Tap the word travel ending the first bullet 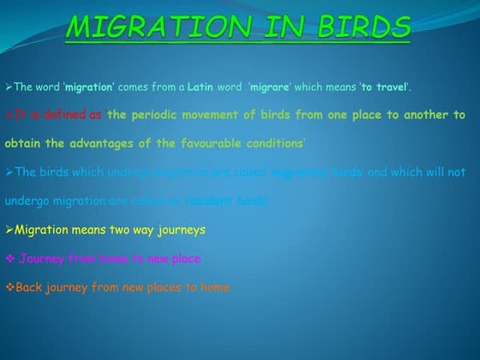[x=390, y=87]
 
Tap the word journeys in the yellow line [x=182, y=230]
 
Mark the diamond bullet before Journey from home [x=9, y=259]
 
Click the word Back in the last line [x=29, y=287]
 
